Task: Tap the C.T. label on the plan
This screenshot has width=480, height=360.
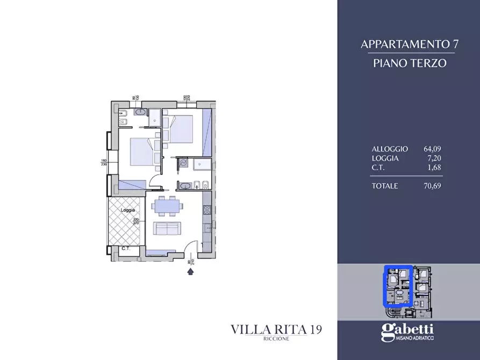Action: pyautogui.click(x=126, y=248)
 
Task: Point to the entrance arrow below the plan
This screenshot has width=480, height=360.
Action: pyautogui.click(x=190, y=272)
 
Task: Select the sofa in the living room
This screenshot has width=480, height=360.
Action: pyautogui.click(x=167, y=228)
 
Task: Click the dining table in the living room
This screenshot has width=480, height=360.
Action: pyautogui.click(x=167, y=205)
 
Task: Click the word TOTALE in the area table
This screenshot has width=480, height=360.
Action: pyautogui.click(x=385, y=186)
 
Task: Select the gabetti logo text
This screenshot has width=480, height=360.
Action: pyautogui.click(x=407, y=332)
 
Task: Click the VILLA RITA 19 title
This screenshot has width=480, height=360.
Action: pyautogui.click(x=276, y=329)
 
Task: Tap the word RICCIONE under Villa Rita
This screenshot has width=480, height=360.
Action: pyautogui.click(x=276, y=340)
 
